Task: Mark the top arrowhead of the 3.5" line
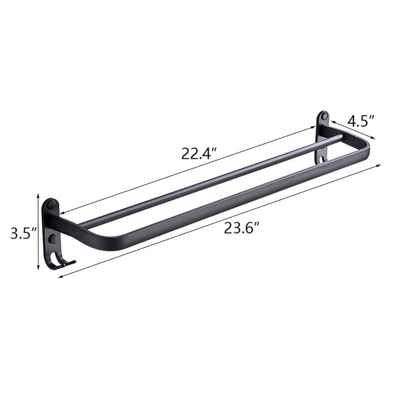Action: pyautogui.click(x=38, y=195)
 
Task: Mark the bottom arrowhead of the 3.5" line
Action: pyautogui.click(x=38, y=269)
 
